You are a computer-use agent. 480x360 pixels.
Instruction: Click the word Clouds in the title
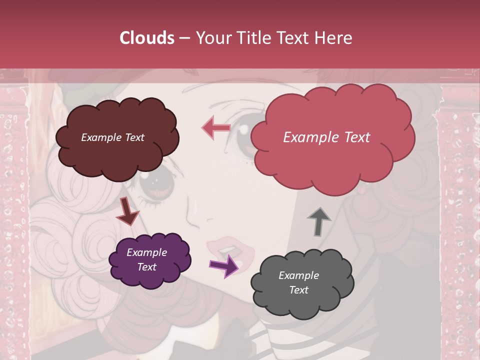coord(147,38)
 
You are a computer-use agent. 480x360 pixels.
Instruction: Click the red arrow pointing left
coord(215,127)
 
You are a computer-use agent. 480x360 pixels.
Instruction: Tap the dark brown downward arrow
coord(127,212)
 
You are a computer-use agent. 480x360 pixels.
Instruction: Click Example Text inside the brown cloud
coord(112,137)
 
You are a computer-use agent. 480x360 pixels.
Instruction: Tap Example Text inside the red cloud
coord(326,137)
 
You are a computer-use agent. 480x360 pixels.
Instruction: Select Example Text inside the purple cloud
coord(146,259)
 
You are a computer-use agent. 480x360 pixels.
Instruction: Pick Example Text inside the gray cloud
coord(298,282)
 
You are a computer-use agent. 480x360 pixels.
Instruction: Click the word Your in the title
coord(214,38)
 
